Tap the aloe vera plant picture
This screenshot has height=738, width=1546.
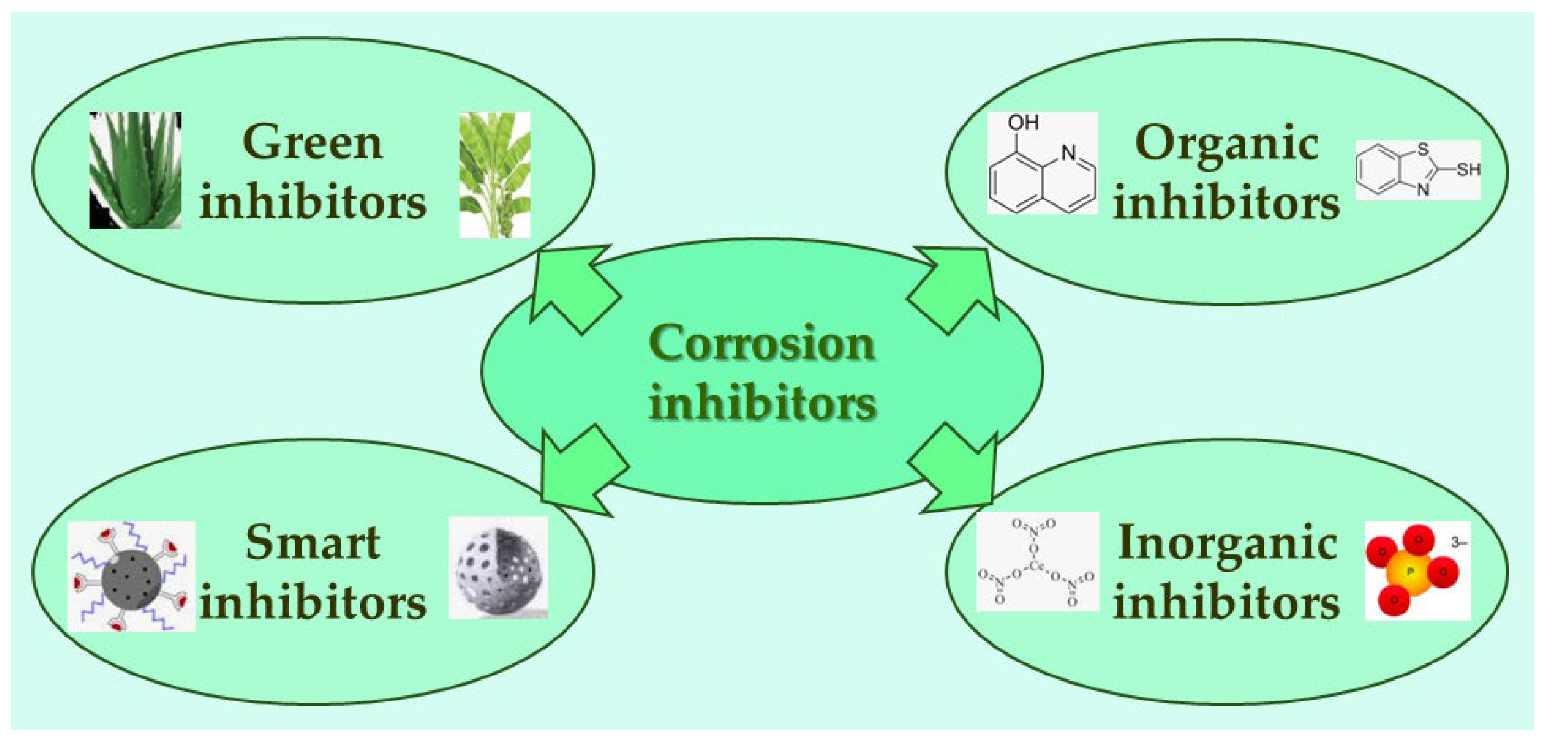(136, 170)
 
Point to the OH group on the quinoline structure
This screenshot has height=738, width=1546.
(1023, 123)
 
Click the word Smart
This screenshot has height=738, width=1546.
(312, 542)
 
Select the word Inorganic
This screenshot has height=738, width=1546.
(1227, 543)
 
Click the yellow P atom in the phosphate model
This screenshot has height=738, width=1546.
(1410, 573)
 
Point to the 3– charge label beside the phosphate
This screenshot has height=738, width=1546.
(1458, 543)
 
